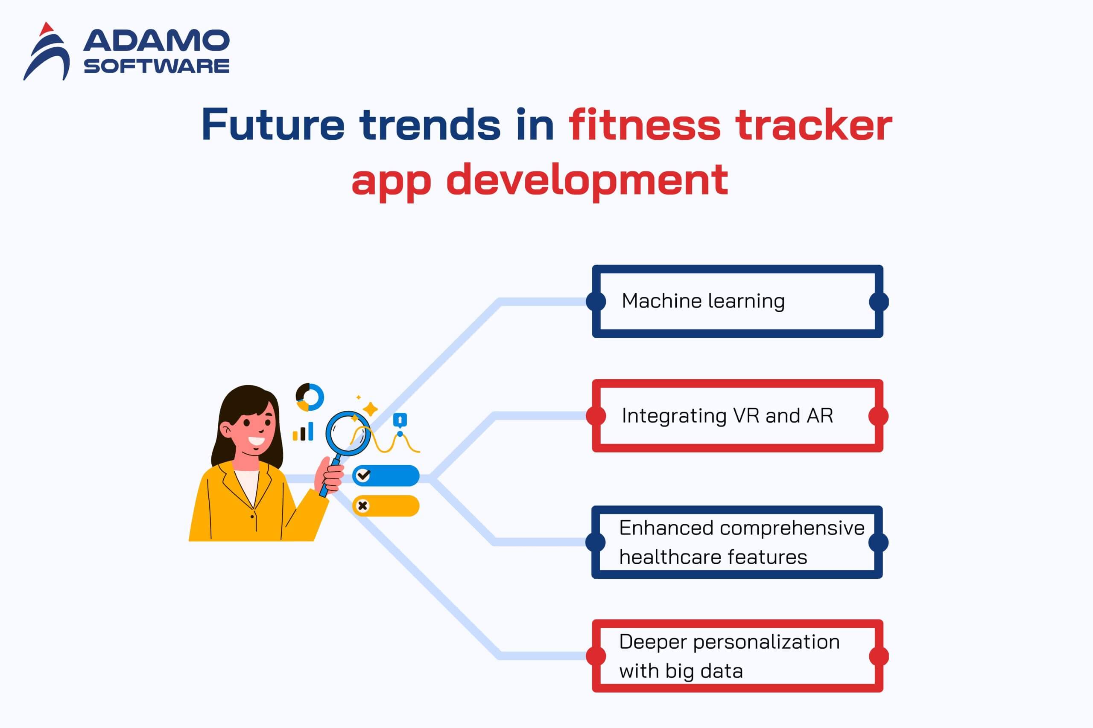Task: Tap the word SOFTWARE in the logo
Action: [x=156, y=66]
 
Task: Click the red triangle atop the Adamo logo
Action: [x=46, y=29]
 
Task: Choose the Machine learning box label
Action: [x=703, y=301]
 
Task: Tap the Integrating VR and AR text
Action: [x=727, y=415]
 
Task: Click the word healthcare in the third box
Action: [x=669, y=556]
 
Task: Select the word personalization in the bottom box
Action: [x=766, y=643]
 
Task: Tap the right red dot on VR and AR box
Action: [x=878, y=416]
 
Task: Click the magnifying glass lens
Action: [x=348, y=434]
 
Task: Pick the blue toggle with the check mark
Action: [x=386, y=476]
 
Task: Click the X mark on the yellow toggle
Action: [x=362, y=506]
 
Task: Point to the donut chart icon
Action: [x=310, y=397]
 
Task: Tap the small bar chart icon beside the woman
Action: [x=303, y=431]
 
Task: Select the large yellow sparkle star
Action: [x=370, y=409]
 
